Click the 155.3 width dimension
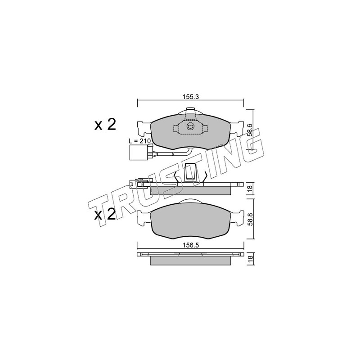[190, 97]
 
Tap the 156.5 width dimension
[190, 245]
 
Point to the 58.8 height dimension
[250, 219]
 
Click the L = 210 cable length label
[139, 141]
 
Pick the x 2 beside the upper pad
[105, 125]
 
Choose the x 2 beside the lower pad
[105, 215]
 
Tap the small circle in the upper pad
[190, 126]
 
